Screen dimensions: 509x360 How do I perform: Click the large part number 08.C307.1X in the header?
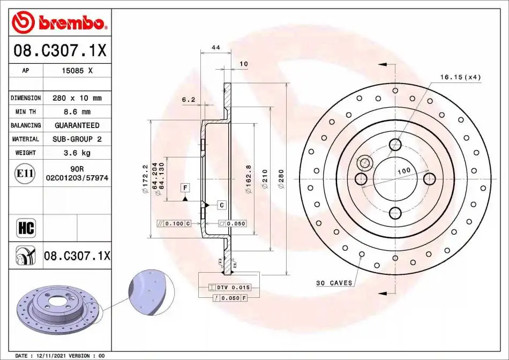click(59, 50)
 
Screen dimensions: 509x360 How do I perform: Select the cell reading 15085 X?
click(77, 70)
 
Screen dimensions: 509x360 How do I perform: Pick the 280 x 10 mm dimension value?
click(77, 98)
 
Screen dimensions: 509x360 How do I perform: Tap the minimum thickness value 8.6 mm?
click(77, 111)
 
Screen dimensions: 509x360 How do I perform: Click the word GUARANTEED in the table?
click(77, 125)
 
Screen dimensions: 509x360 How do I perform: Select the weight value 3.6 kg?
click(77, 153)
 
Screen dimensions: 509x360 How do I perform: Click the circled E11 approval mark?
click(25, 174)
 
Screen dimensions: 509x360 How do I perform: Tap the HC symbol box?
click(26, 228)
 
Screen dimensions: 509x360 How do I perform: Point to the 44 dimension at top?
click(216, 47)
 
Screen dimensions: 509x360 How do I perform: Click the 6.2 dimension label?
click(189, 100)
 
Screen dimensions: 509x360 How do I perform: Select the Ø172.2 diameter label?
click(145, 179)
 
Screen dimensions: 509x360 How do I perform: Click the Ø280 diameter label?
click(281, 179)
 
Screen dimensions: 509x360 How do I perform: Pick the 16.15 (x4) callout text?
click(460, 77)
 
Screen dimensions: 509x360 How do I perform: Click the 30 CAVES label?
click(334, 283)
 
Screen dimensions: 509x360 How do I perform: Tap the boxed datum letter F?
click(185, 188)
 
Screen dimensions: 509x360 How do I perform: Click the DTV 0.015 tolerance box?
click(229, 287)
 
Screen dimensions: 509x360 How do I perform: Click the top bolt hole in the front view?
click(395, 144)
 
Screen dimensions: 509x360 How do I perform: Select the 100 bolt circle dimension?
click(404, 171)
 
